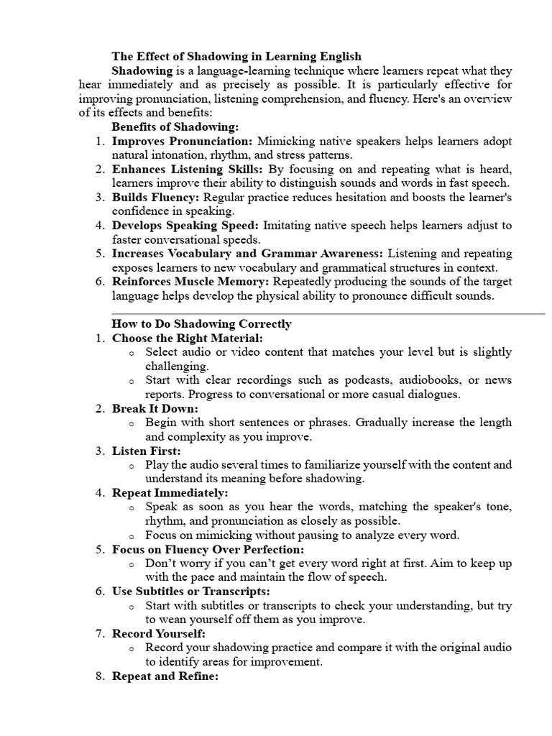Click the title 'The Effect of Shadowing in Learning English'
pos(236,56)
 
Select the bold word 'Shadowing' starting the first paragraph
pos(142,70)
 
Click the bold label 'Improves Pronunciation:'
pos(183,141)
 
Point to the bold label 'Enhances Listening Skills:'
pos(188,169)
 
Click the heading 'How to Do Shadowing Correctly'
pos(201,323)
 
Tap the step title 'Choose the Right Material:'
pos(188,338)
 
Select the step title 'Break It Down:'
pos(155,408)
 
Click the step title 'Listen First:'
pos(147,451)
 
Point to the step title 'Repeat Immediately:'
pos(170,493)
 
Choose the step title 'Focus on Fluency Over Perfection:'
pos(207,549)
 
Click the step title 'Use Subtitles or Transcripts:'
pos(191,592)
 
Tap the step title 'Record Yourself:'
pos(159,634)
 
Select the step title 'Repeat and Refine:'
pos(165,676)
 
